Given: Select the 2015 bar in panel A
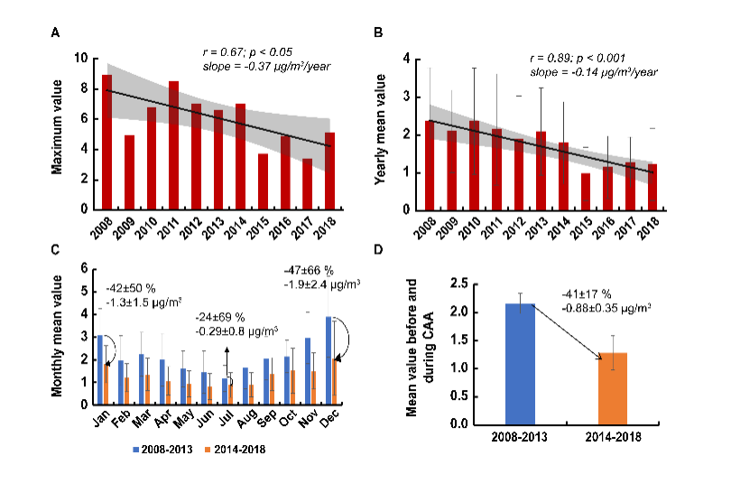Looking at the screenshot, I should point(263,181).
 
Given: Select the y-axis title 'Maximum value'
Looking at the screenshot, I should point(57,132).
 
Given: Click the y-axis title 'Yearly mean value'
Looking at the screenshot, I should point(382,134).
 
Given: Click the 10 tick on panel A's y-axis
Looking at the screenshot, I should point(82,59).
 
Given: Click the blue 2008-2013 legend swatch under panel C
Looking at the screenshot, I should point(138,448).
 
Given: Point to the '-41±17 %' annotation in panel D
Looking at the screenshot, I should point(596,294).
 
